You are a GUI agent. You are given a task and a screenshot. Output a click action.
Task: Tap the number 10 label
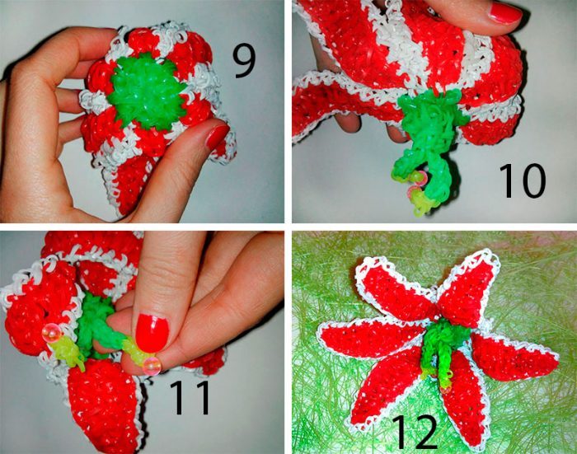coord(522,181)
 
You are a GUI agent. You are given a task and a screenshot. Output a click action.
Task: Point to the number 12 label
coord(415,432)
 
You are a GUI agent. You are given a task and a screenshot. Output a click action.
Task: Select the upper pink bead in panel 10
coord(420,178)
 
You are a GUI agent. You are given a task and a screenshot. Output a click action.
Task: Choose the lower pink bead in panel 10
coord(414,193)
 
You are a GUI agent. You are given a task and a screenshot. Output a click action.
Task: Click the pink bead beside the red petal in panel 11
coord(49,334)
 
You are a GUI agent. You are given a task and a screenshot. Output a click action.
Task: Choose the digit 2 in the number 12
coord(425,432)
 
